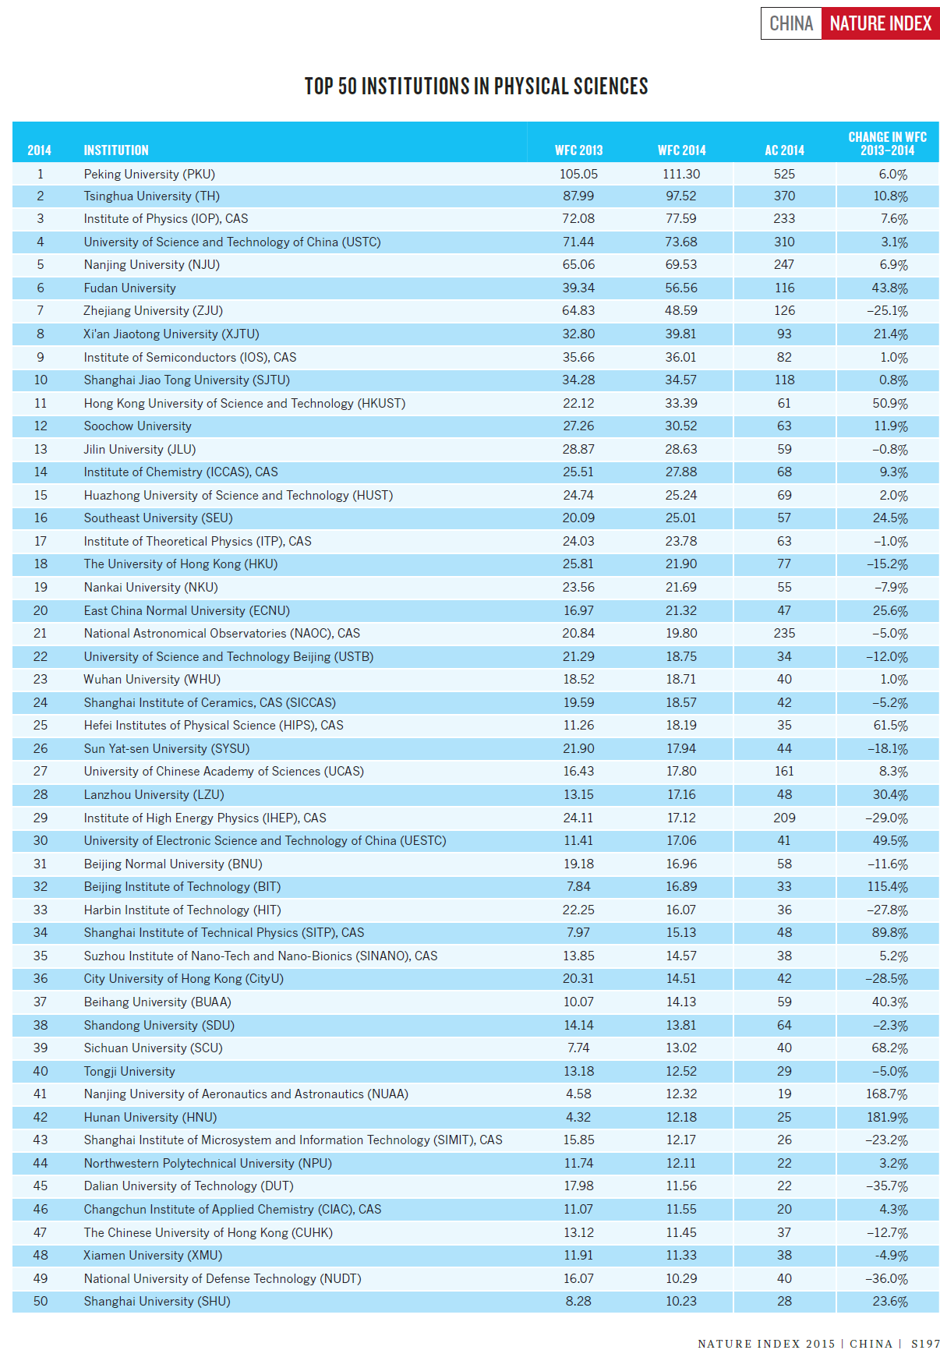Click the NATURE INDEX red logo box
880,24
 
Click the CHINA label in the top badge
791,24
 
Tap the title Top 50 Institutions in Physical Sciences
475,87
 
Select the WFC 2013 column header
578,150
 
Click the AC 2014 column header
784,150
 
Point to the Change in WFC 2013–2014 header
887,143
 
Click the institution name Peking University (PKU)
149,174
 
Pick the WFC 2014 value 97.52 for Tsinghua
681,196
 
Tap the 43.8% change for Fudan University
889,288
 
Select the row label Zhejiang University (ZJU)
153,311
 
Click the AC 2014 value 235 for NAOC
784,634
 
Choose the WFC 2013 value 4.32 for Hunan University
578,1117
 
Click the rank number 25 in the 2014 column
41,726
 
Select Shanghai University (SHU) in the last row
157,1301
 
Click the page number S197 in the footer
925,1343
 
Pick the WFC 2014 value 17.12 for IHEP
681,818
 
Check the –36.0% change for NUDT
888,1278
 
